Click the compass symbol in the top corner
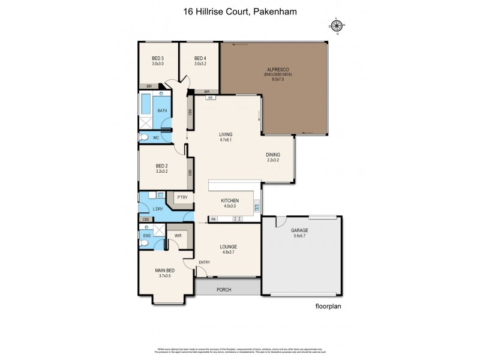tap(337, 25)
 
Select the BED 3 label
tap(158, 58)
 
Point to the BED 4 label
tap(200, 58)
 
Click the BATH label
tap(162, 110)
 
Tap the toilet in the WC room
tap(143, 137)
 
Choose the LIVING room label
tap(226, 134)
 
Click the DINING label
tap(273, 154)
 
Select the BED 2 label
tap(161, 166)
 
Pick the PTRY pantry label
tap(182, 196)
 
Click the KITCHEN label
tap(230, 200)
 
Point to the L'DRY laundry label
tap(158, 209)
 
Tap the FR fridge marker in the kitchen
tap(212, 219)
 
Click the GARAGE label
tap(299, 230)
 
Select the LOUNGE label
tap(228, 247)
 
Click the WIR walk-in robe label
tap(178, 236)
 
